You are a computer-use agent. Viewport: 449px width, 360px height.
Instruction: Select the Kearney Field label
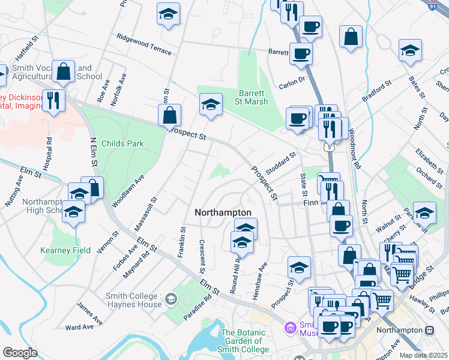(x=65, y=250)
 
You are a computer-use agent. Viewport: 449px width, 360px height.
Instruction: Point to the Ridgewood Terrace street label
(x=144, y=44)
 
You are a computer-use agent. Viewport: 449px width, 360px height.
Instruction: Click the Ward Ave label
(x=79, y=327)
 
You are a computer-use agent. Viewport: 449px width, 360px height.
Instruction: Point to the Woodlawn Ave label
(x=128, y=191)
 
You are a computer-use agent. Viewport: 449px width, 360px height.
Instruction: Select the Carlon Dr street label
(x=292, y=79)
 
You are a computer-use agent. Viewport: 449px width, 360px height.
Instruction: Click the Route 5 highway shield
(x=327, y=146)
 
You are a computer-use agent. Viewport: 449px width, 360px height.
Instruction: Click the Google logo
(x=20, y=353)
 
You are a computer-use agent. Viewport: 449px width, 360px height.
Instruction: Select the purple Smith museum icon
(x=290, y=328)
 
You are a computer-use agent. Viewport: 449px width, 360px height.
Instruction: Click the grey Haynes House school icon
(x=171, y=299)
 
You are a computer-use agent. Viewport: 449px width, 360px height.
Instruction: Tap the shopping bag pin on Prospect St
(x=170, y=115)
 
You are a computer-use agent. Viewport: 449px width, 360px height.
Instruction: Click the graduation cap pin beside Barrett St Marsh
(x=211, y=104)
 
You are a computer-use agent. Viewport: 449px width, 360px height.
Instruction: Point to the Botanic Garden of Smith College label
(x=245, y=341)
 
